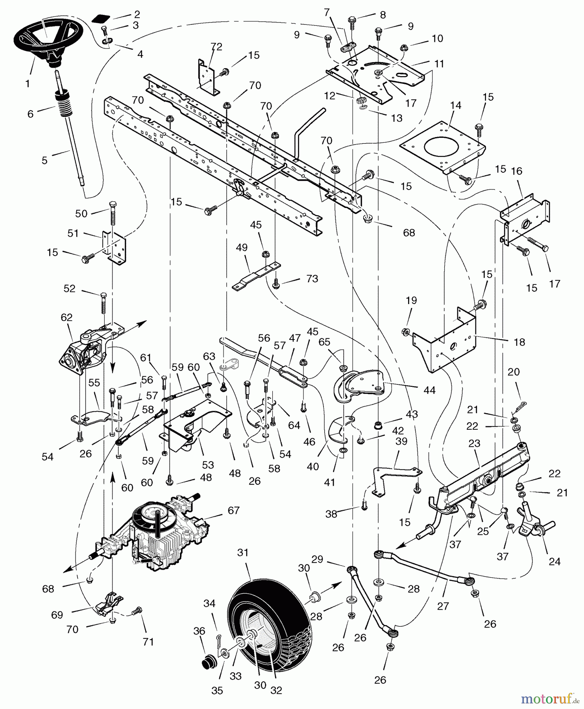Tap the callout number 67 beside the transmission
click(x=233, y=510)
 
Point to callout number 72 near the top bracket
click(x=216, y=47)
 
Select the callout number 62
click(x=67, y=317)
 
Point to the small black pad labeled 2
click(x=100, y=18)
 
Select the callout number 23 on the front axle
click(x=474, y=443)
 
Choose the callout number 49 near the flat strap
click(x=242, y=247)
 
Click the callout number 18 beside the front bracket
click(x=519, y=342)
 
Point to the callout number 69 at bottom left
click(x=57, y=614)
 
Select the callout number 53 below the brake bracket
click(x=207, y=465)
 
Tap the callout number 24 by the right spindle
click(x=554, y=561)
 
